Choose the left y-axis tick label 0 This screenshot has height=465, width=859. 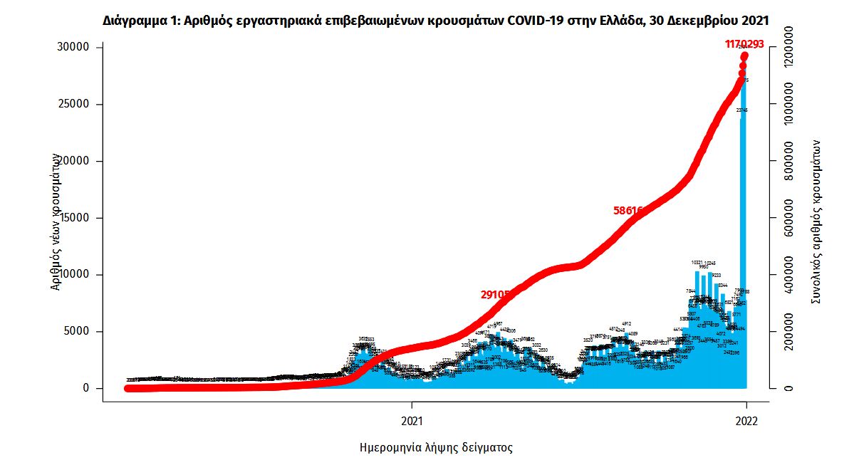(85, 388)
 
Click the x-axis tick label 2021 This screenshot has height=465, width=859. (412, 420)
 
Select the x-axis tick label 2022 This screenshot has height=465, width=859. (746, 420)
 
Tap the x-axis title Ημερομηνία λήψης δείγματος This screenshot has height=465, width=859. (436, 448)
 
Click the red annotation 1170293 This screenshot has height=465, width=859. (744, 44)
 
